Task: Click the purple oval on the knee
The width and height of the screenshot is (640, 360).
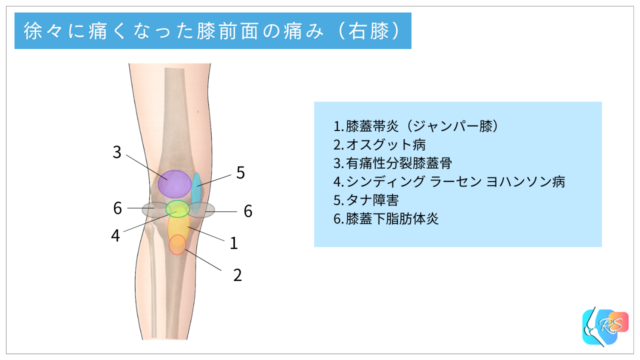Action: tap(174, 183)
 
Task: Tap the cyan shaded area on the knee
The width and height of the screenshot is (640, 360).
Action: tap(197, 190)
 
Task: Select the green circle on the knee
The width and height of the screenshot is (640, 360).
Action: tap(177, 210)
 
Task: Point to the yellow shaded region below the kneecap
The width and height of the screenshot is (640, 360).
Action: tap(178, 229)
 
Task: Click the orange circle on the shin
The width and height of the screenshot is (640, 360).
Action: tap(177, 245)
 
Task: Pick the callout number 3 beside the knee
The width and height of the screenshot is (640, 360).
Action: tap(117, 153)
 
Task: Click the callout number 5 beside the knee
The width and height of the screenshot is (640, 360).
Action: tap(241, 173)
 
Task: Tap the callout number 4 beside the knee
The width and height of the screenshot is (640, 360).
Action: tap(116, 235)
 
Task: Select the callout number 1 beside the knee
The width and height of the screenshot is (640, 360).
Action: tap(233, 242)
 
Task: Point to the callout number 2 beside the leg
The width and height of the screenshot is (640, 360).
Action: tap(237, 273)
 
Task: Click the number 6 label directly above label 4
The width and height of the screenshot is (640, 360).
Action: tap(117, 208)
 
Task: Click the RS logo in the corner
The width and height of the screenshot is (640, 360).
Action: tap(602, 327)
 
